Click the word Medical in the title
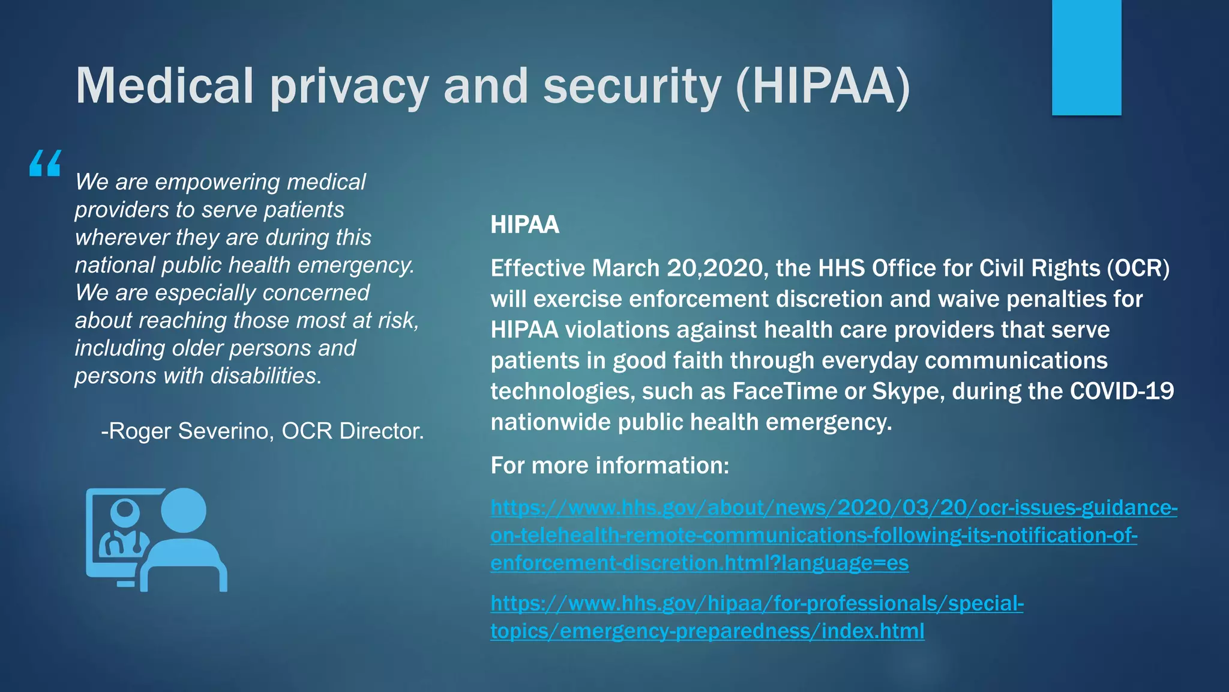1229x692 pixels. click(x=164, y=86)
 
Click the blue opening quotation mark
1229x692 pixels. click(x=45, y=163)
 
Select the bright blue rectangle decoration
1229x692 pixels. click(x=1086, y=57)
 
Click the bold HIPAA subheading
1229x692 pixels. click(x=524, y=225)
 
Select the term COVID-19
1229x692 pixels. click(x=1122, y=391)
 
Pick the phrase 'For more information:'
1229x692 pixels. click(x=610, y=466)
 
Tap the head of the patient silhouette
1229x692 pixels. click(x=184, y=510)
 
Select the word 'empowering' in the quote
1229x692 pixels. click(x=218, y=182)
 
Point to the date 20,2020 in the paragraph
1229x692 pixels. click(x=714, y=269)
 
